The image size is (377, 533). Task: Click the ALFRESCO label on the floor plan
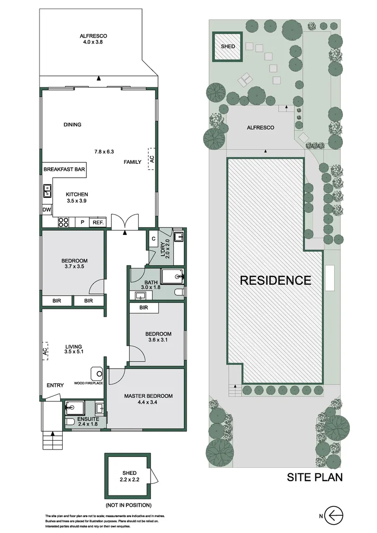click(94, 36)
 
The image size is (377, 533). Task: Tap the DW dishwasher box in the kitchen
click(47, 210)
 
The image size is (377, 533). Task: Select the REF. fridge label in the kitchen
click(98, 223)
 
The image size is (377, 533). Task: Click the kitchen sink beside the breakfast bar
click(47, 190)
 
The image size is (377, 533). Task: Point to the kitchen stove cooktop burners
click(64, 223)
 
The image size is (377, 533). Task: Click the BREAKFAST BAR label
click(65, 169)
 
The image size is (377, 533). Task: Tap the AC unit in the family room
click(152, 159)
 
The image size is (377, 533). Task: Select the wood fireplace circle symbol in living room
click(96, 373)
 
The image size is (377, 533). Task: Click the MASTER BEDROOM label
click(148, 396)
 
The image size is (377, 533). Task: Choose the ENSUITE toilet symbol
click(70, 421)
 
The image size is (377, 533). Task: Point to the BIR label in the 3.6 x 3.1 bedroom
click(144, 307)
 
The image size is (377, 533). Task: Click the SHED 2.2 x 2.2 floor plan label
click(127, 476)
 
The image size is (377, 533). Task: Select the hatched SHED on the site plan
click(227, 46)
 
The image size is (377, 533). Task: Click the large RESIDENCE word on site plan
click(275, 280)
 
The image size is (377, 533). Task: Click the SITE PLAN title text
click(315, 477)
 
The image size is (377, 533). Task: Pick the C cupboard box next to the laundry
click(154, 239)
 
